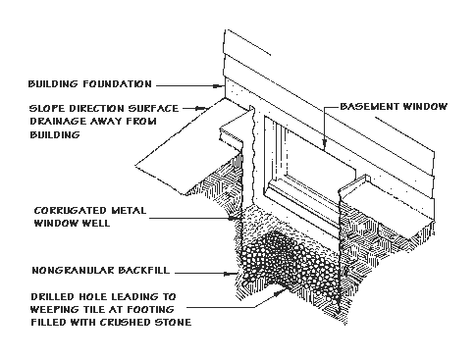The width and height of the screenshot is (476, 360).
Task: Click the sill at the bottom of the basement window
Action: (324, 210)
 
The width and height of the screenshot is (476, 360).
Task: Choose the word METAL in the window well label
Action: (128, 209)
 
